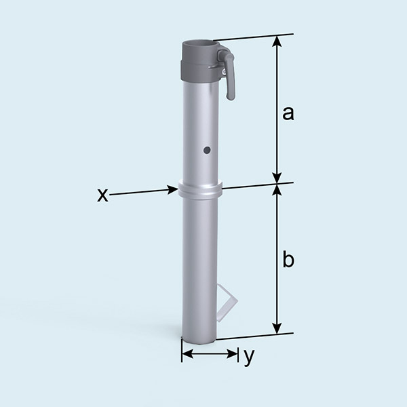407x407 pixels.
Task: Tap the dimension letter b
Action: point(288,260)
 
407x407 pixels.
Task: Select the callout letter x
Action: point(102,195)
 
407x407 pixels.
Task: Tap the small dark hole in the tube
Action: point(208,150)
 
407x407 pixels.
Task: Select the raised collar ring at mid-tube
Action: point(199,189)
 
